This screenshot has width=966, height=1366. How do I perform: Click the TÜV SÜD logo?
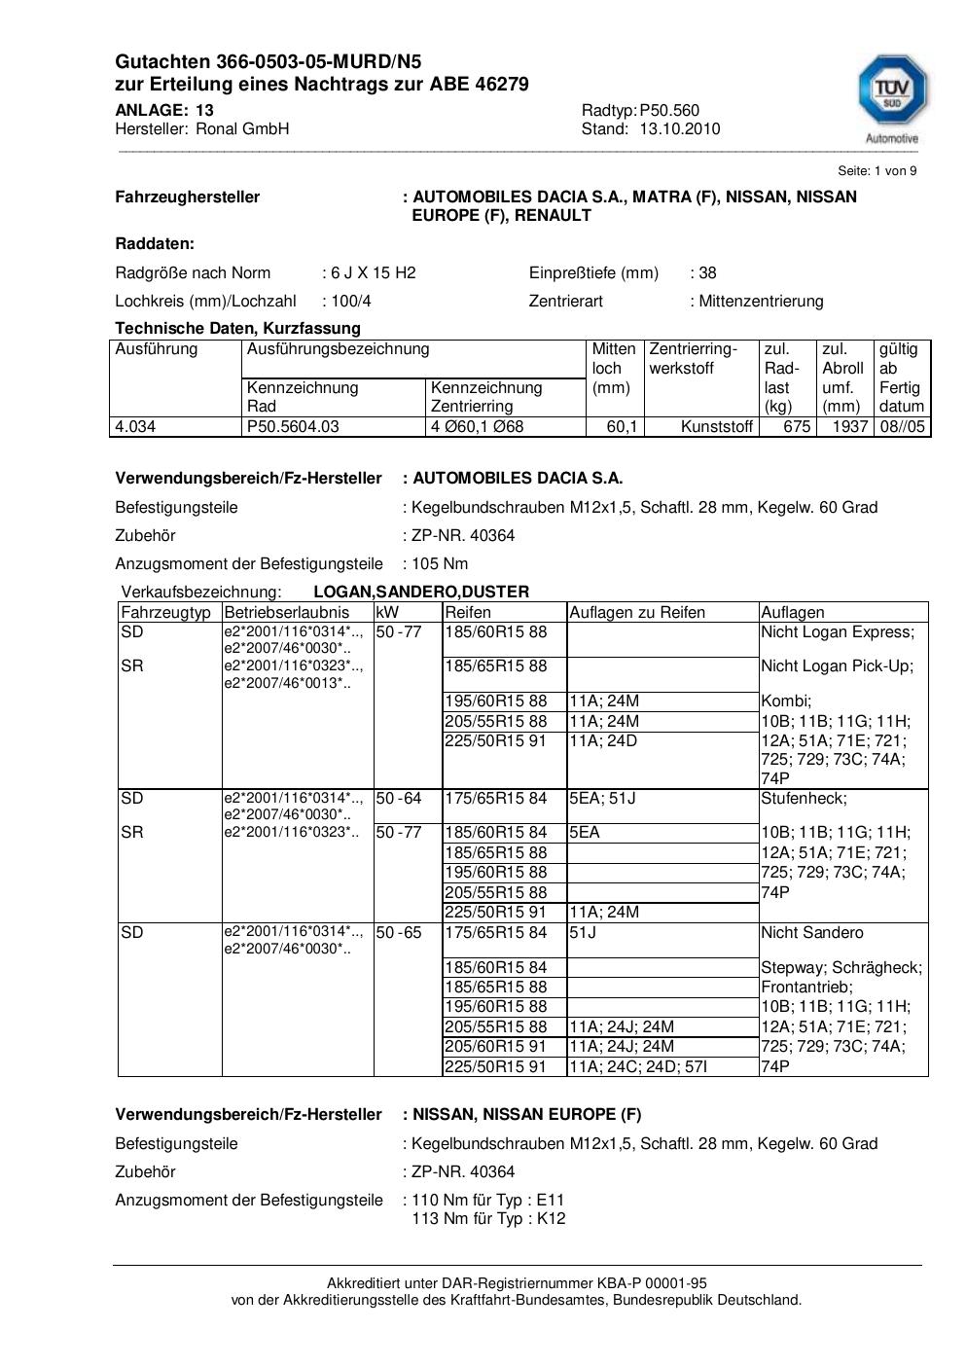point(891,94)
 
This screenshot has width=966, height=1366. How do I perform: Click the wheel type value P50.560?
point(669,110)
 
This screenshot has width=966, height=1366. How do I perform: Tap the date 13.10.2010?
point(680,128)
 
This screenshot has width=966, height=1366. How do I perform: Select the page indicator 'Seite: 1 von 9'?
point(877,171)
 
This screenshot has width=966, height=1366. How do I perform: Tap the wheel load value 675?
point(797,426)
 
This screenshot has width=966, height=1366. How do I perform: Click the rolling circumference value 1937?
point(850,426)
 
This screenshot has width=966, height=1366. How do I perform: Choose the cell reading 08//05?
point(902,426)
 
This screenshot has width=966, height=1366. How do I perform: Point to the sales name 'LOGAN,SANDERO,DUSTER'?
point(421,592)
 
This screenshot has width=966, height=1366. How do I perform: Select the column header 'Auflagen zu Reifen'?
point(637,612)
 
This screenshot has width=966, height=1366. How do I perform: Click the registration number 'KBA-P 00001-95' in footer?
point(656,1283)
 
